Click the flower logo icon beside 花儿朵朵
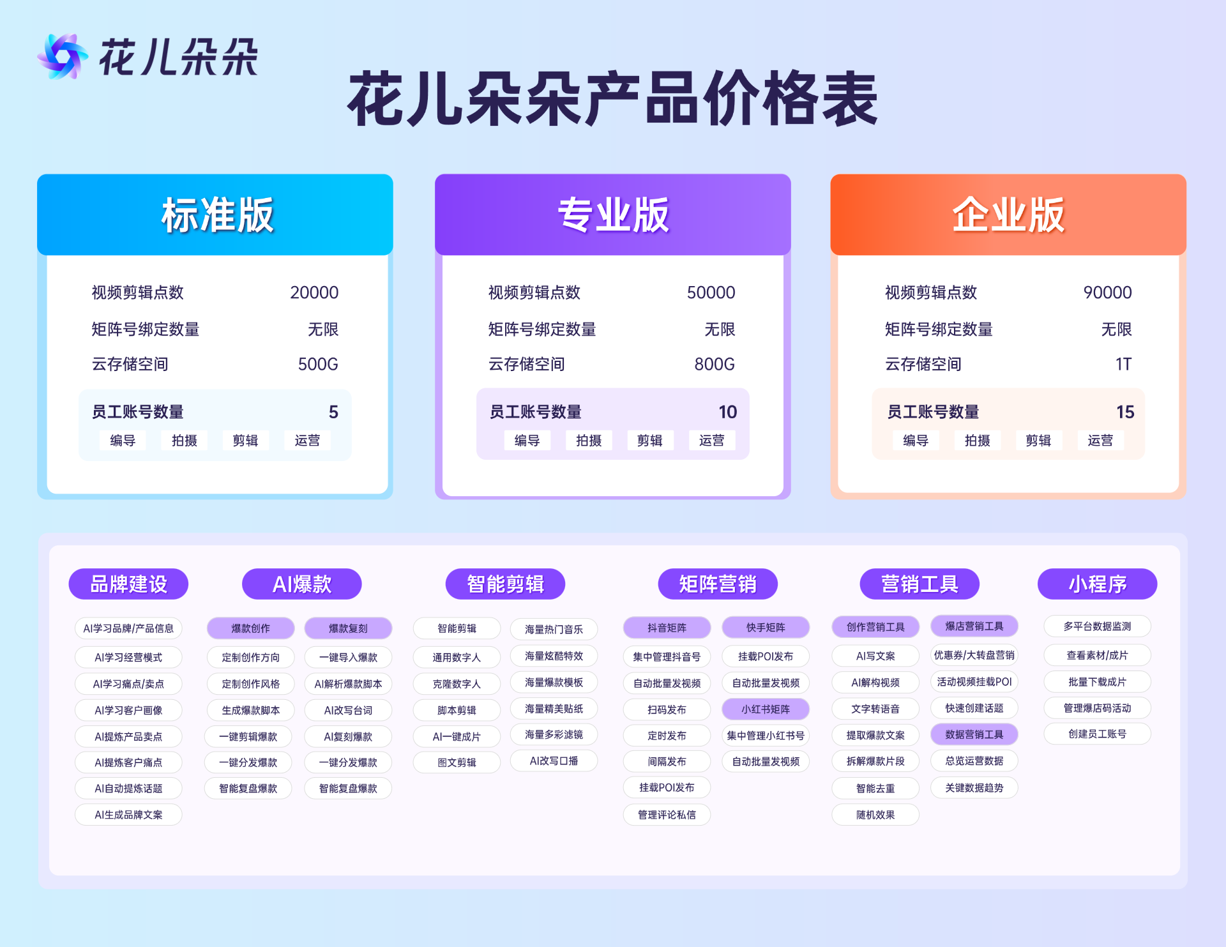coord(62,56)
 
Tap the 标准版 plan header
coord(215,215)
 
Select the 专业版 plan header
coord(613,215)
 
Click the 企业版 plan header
coord(1008,215)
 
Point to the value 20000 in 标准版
coord(314,292)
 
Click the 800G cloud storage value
coord(715,364)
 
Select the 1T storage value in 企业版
coord(1123,364)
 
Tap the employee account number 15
coord(1125,412)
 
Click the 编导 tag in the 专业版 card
coord(527,441)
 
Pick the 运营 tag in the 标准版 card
coord(307,441)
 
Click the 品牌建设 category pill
coord(128,584)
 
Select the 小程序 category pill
coord(1097,584)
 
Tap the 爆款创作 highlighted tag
coord(250,628)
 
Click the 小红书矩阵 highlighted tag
coord(766,709)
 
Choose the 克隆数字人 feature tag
coord(457,684)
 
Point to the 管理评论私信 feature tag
coord(667,815)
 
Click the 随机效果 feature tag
coord(875,815)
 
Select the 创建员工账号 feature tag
coord(1097,734)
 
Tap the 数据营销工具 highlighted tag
coord(974,734)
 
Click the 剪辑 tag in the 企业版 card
coord(1038,441)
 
